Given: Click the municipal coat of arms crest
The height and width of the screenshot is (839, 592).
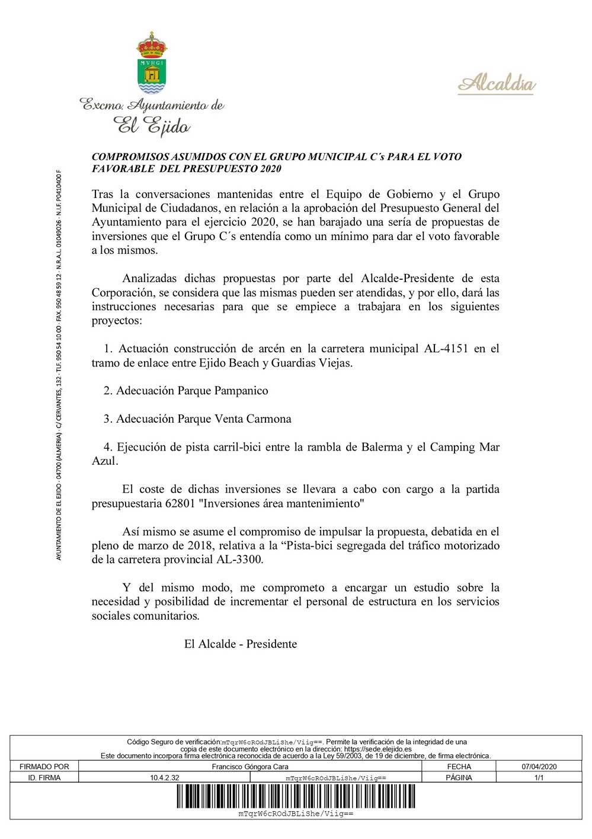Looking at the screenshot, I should pyautogui.click(x=152, y=63).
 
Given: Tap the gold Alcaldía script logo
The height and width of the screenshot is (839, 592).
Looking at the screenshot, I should pyautogui.click(x=497, y=84).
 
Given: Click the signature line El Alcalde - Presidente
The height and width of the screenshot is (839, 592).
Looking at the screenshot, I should pyautogui.click(x=240, y=644).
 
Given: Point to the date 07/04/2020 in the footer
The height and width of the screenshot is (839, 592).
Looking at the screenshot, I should pyautogui.click(x=539, y=767).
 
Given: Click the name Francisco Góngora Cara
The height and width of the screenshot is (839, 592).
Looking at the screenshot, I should pyautogui.click(x=250, y=767).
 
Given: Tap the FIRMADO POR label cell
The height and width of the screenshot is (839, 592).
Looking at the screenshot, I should pyautogui.click(x=44, y=767).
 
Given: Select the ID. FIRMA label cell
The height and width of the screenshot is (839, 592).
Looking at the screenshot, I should pyautogui.click(x=44, y=777).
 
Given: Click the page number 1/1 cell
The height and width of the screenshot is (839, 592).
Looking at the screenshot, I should pyautogui.click(x=539, y=777).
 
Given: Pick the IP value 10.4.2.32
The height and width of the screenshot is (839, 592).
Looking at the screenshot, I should pyautogui.click(x=164, y=777).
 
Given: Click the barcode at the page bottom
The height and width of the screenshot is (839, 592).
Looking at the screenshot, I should pyautogui.click(x=296, y=796).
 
